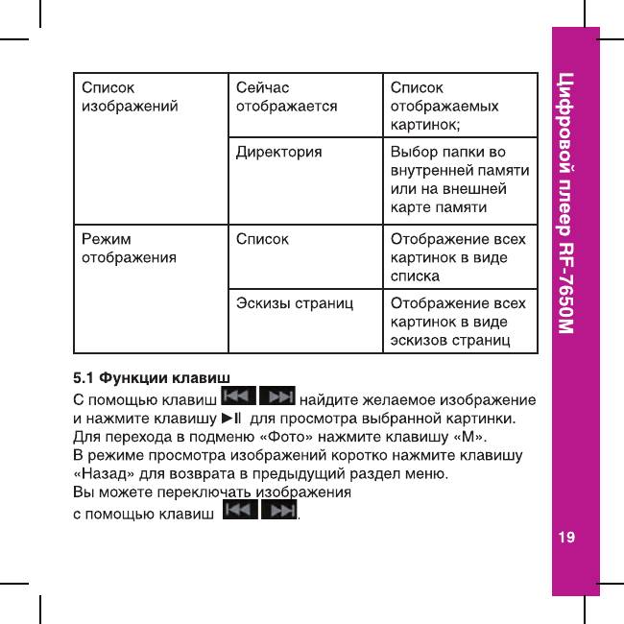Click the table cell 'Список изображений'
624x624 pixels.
coord(129,98)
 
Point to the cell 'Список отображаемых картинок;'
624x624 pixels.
coord(444,107)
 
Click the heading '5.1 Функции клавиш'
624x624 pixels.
coord(152,375)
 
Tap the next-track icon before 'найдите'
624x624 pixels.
coord(277,397)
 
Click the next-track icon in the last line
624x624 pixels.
coord(279,514)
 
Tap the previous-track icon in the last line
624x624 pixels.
coord(239,514)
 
